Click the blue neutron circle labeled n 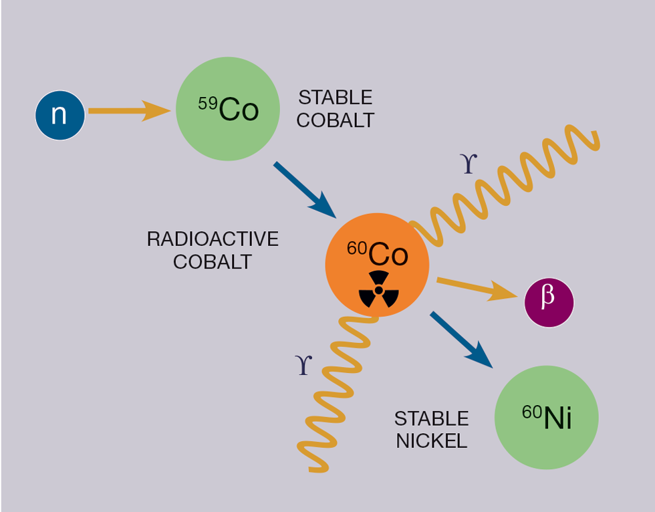(60, 115)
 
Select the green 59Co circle (228, 109)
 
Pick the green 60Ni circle (546, 418)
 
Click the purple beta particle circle (549, 303)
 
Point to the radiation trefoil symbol (379, 289)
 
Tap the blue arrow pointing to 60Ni (461, 339)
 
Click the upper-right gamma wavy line (508, 180)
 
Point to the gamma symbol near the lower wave (303, 364)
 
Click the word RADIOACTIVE (213, 239)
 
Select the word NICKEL (432, 441)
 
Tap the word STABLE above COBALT (335, 98)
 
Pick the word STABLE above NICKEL (432, 419)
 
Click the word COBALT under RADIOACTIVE (213, 261)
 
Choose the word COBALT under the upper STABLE (335, 120)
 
